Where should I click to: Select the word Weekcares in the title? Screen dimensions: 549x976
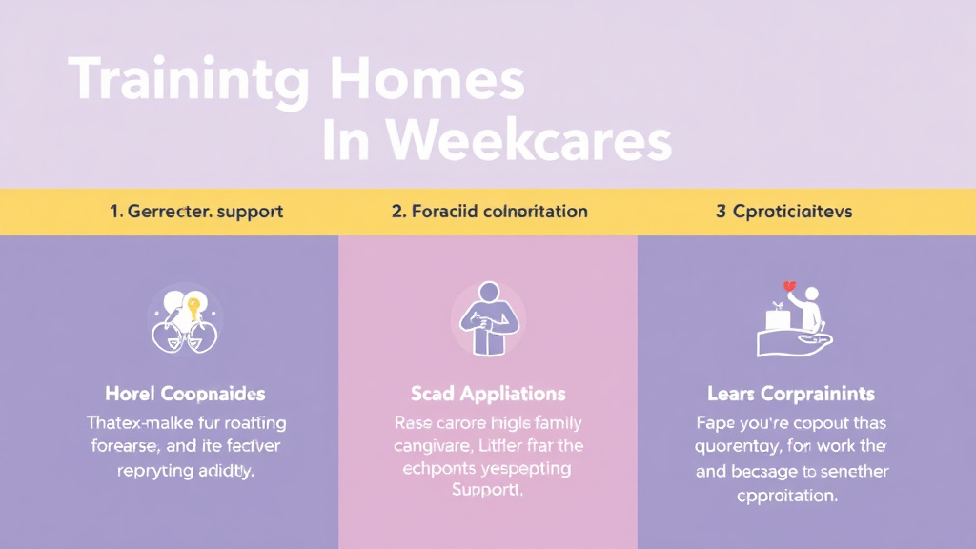click(530, 142)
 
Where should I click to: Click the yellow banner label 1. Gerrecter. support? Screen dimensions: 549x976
click(196, 211)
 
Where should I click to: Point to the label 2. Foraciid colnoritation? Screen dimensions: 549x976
click(489, 211)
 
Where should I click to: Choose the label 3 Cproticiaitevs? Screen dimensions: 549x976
click(783, 211)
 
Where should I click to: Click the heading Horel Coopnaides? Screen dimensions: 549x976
click(185, 394)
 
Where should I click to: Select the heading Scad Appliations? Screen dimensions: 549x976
click(487, 394)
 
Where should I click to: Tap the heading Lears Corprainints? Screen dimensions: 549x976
click(790, 394)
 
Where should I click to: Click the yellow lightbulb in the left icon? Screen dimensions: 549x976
click(193, 307)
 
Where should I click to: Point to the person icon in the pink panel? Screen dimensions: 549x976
click(487, 318)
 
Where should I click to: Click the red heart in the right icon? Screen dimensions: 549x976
click(789, 285)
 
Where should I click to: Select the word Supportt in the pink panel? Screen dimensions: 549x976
click(487, 491)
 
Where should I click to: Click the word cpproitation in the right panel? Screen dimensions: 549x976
click(786, 495)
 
